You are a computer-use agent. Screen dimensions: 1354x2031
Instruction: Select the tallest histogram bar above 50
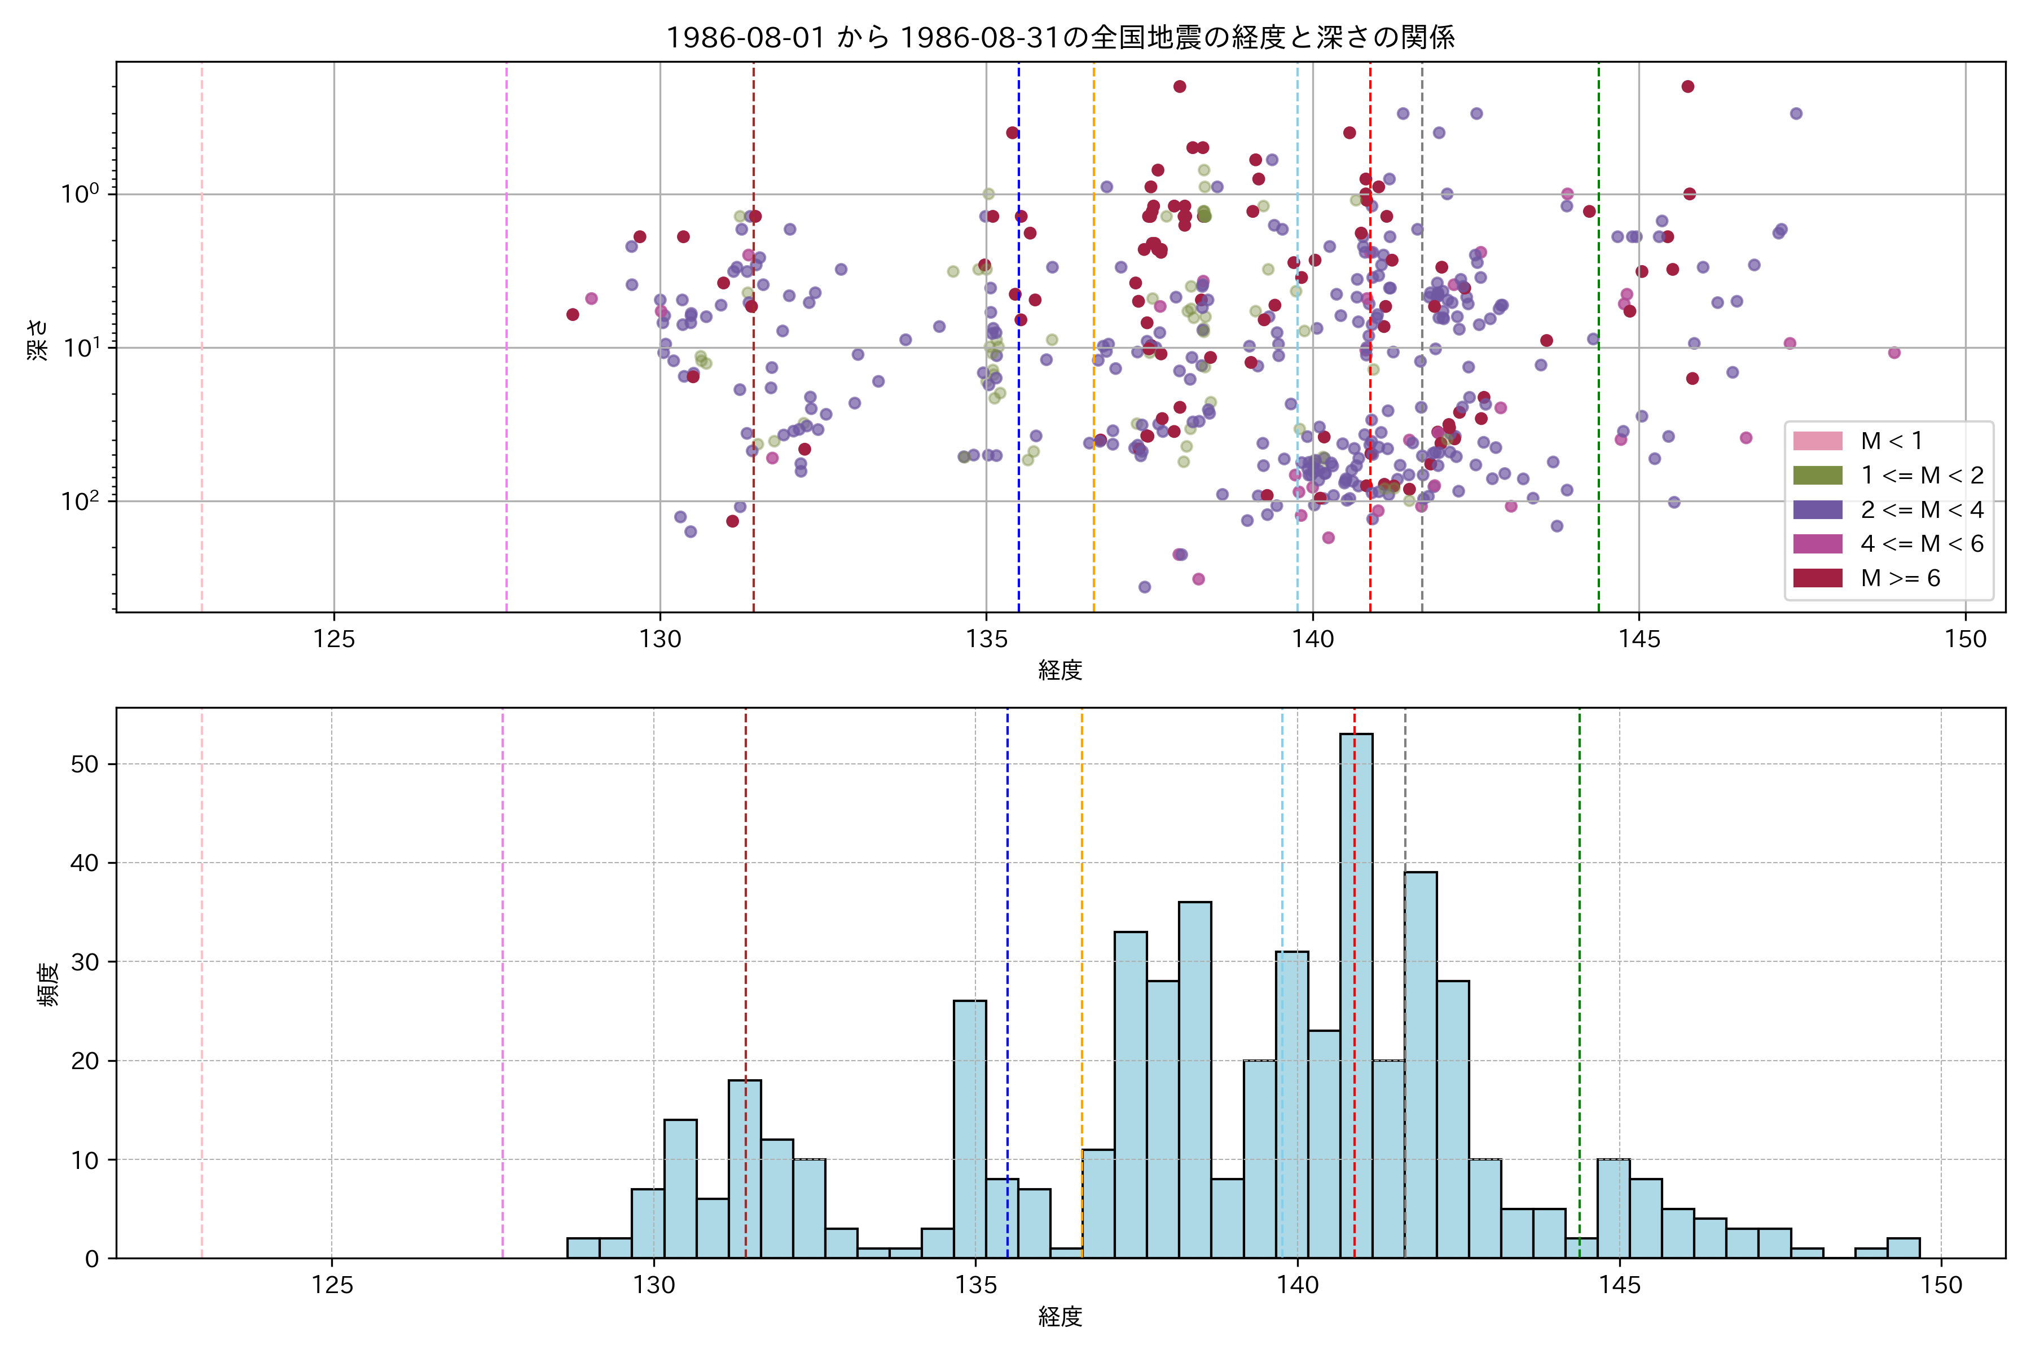[x=1356, y=993]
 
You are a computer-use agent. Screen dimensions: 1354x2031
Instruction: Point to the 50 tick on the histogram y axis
[x=86, y=764]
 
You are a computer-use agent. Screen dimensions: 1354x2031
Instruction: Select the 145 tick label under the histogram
[x=1619, y=1286]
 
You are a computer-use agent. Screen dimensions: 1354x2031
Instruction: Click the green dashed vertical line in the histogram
[x=1579, y=950]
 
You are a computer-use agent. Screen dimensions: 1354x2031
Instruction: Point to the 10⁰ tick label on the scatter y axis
[x=82, y=194]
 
